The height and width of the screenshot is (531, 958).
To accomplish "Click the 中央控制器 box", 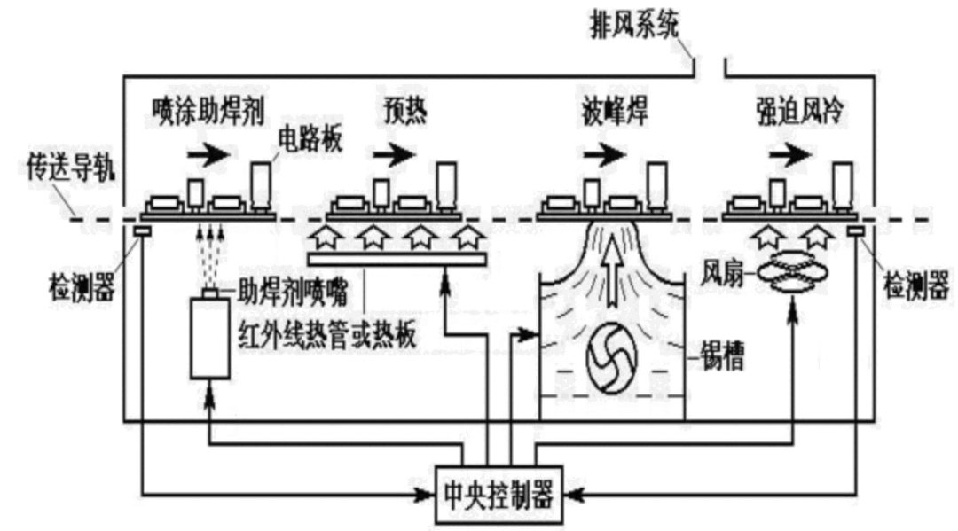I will pyautogui.click(x=496, y=495).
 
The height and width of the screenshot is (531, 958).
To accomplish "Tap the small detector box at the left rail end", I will pyautogui.click(x=141, y=230).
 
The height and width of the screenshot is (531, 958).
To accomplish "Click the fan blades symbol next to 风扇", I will pyautogui.click(x=789, y=275).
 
